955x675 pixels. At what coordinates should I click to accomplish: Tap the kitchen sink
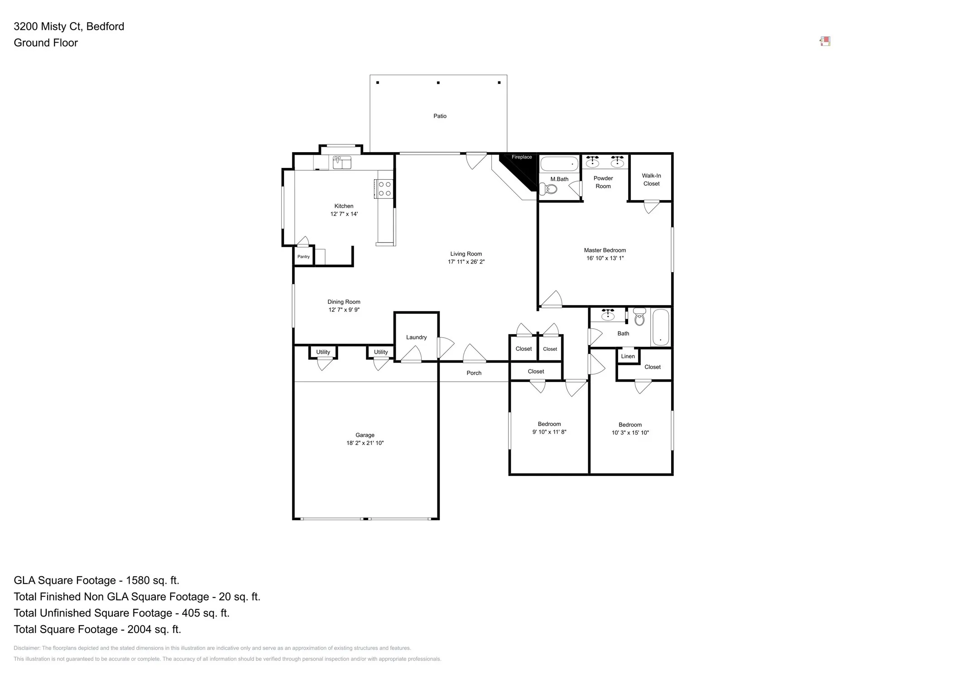tap(342, 162)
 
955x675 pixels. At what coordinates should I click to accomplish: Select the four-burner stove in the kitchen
tap(384, 189)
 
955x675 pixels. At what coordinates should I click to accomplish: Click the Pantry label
tap(303, 257)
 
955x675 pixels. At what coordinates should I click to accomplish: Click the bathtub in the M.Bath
tap(559, 163)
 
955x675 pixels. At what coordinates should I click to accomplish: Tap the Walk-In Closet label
tap(651, 180)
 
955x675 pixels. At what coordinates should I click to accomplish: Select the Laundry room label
tap(416, 337)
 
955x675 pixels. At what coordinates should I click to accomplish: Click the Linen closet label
tap(628, 356)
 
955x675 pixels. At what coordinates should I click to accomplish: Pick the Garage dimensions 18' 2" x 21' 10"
tap(365, 443)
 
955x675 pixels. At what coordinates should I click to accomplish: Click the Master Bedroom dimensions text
tap(605, 258)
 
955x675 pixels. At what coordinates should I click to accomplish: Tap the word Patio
tap(440, 116)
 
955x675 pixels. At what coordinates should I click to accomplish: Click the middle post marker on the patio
tap(438, 83)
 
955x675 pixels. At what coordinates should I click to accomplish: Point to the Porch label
tap(474, 373)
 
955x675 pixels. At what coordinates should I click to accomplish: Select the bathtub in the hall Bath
tap(661, 327)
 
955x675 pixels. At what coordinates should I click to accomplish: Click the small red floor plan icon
tap(825, 42)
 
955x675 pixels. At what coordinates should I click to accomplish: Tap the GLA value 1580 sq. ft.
tap(153, 580)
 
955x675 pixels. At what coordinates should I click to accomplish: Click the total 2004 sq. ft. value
tap(154, 629)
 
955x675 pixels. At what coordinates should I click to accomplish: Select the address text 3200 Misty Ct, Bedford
tap(69, 26)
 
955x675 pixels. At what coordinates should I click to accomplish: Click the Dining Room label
tap(344, 302)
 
